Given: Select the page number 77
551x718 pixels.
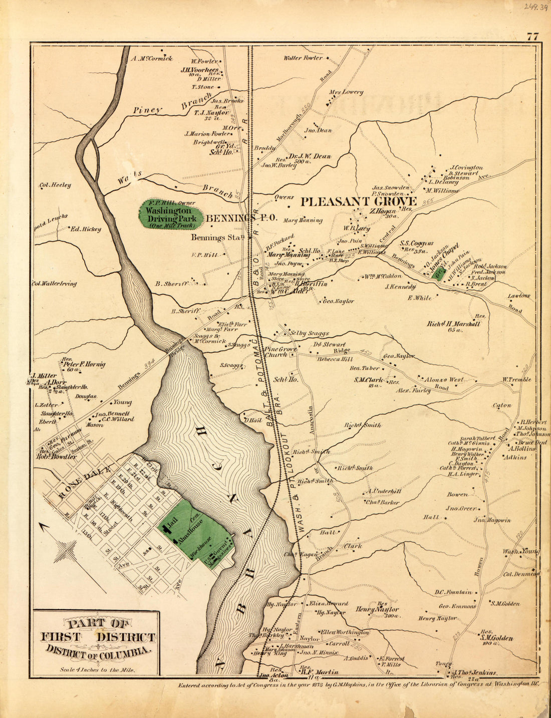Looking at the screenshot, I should [x=532, y=36].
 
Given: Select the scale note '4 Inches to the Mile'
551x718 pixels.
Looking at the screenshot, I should [x=97, y=669].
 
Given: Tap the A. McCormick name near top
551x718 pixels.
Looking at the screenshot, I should [x=152, y=59].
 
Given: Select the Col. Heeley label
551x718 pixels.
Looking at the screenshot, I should [x=55, y=185].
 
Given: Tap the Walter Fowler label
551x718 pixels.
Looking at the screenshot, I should [x=303, y=58].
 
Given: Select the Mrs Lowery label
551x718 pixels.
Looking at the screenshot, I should [x=346, y=92].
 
